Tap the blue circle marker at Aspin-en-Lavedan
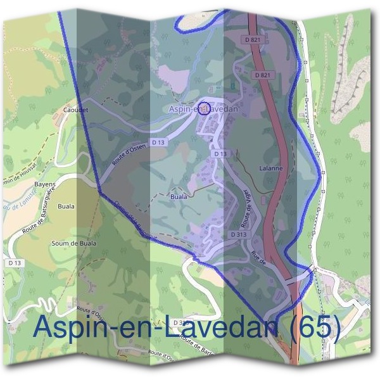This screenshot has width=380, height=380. click(x=203, y=108)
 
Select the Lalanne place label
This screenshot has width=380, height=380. click(x=270, y=169)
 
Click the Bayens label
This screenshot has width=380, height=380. click(x=45, y=185)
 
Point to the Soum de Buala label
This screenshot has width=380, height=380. click(x=70, y=243)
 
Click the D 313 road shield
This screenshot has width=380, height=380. click(x=238, y=234)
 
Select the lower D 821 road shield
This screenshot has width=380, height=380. click(x=263, y=75)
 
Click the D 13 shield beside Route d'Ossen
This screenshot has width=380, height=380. click(x=158, y=142)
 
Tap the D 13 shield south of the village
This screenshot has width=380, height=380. click(x=220, y=154)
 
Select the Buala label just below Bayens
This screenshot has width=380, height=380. click(x=66, y=206)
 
